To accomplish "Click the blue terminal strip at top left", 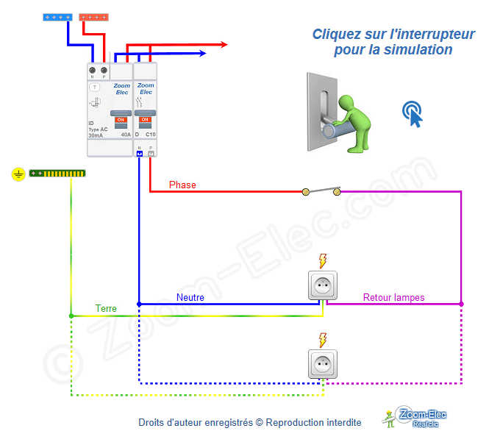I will point(57,16).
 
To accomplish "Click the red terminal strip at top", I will point(94,16).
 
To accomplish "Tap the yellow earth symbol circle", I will point(19,174).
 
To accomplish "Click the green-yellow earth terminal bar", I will point(57,174).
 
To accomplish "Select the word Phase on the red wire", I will point(182,185).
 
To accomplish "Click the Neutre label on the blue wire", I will point(190,298).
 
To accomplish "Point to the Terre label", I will point(106,309).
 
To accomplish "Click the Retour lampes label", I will point(393,298).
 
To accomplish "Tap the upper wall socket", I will point(323,285).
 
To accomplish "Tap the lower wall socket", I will point(323,364).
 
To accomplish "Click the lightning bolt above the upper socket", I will point(322,260).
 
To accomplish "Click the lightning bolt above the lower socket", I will point(322,339).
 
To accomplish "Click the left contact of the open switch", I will point(306,192).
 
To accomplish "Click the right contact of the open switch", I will point(337,192).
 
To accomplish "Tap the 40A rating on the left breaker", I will point(126,135).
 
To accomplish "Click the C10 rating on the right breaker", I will point(150,135).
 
